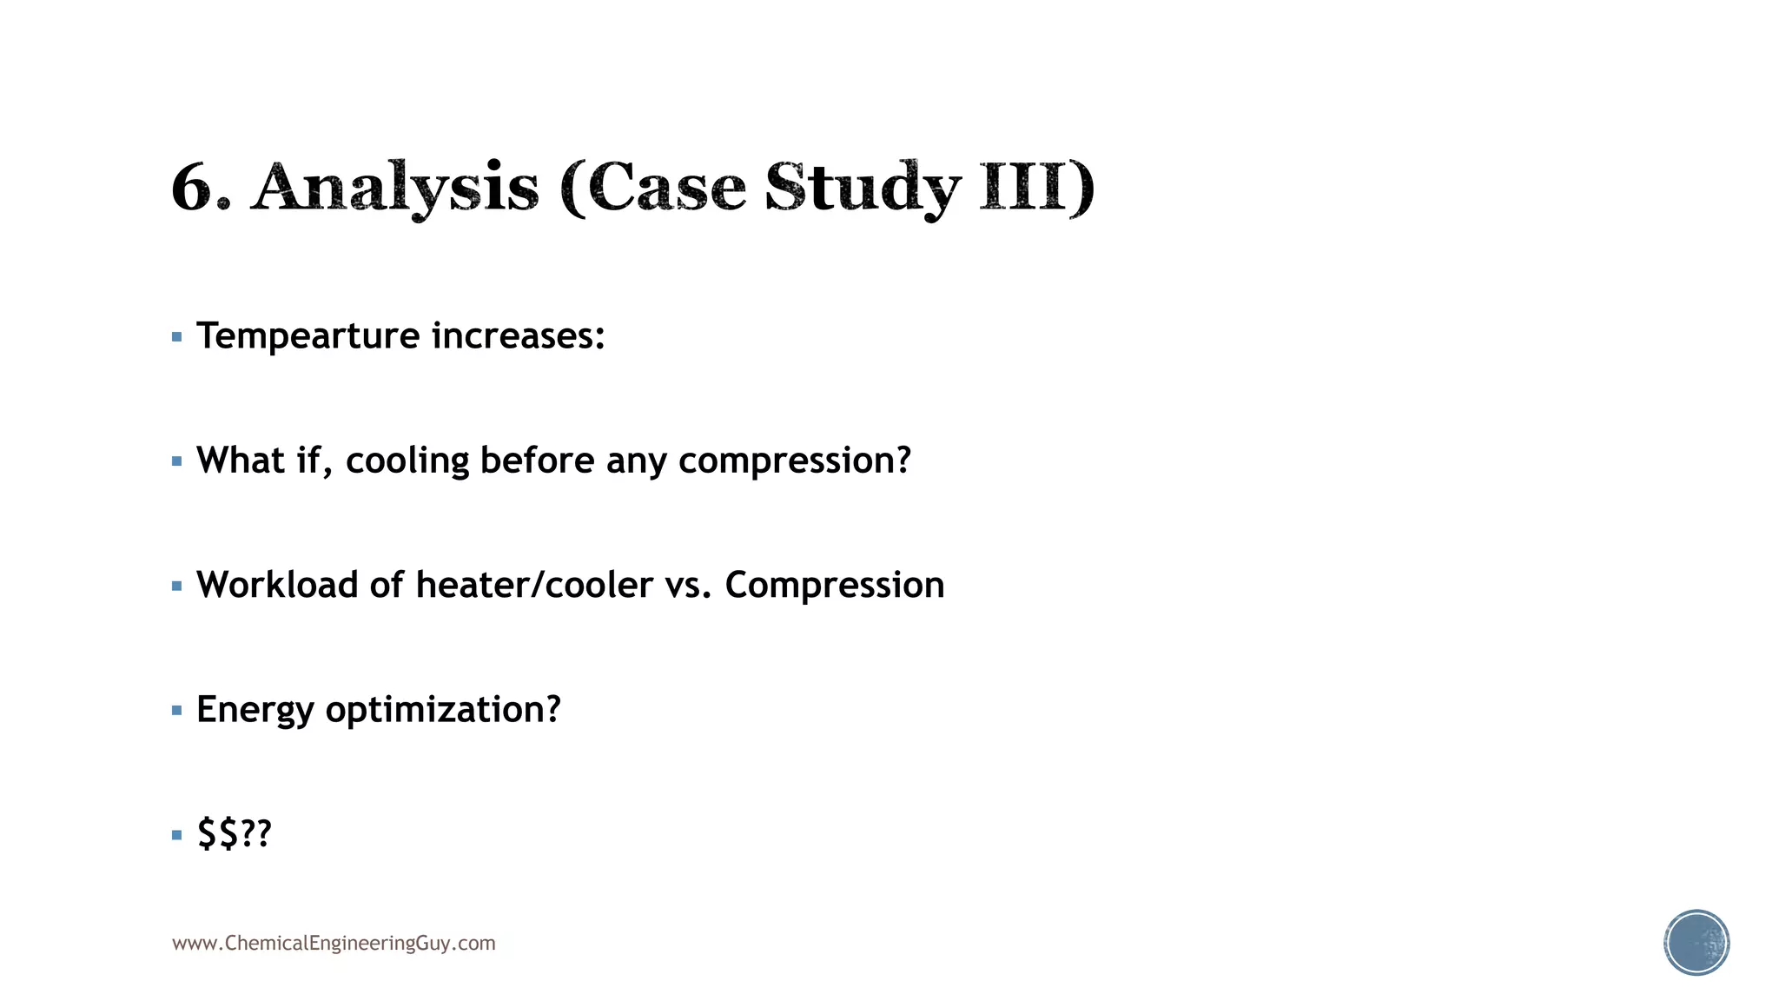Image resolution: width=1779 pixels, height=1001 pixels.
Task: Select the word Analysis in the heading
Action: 395,188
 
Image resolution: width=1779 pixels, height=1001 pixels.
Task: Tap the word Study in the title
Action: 863,188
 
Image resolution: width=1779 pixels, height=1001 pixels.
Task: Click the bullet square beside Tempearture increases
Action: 177,337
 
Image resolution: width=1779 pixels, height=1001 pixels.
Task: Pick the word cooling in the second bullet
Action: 407,461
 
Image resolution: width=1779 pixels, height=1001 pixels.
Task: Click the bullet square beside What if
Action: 177,461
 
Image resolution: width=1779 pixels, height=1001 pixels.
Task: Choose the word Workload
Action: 277,585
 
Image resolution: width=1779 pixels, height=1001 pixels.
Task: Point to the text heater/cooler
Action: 534,585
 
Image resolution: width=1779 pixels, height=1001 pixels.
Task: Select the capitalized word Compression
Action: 835,585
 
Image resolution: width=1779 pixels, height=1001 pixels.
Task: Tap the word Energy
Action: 255,710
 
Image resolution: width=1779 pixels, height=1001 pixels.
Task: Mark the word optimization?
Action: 443,710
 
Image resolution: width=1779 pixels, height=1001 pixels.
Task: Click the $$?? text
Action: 234,833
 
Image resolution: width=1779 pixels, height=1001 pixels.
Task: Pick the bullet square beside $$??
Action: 177,835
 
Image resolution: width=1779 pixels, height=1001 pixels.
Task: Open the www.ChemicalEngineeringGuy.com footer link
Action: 334,944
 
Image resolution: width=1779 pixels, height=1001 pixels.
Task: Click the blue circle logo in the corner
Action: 1696,943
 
